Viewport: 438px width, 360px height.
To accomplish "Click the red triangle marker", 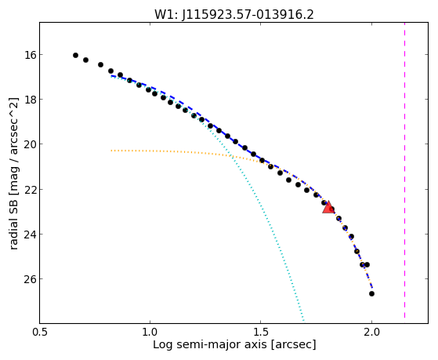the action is (328, 207).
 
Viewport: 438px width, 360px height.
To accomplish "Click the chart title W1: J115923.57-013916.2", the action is (234, 15).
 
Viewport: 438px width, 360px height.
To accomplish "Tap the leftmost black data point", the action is (75, 56).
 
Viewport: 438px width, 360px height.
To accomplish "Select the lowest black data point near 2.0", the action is (371, 293).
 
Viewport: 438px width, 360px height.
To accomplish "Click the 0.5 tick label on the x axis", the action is (40, 332).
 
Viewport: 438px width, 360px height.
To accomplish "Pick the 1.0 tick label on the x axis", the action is (150, 332).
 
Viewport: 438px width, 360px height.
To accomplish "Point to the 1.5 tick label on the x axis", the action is (260, 332).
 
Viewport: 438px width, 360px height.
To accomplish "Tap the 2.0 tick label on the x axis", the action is (371, 332).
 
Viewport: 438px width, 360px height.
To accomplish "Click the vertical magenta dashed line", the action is (404, 170).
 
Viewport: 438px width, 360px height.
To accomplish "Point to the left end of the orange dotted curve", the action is (111, 151).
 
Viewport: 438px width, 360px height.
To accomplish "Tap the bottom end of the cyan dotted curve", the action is (303, 320).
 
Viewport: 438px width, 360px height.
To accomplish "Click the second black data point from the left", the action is (85, 60).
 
